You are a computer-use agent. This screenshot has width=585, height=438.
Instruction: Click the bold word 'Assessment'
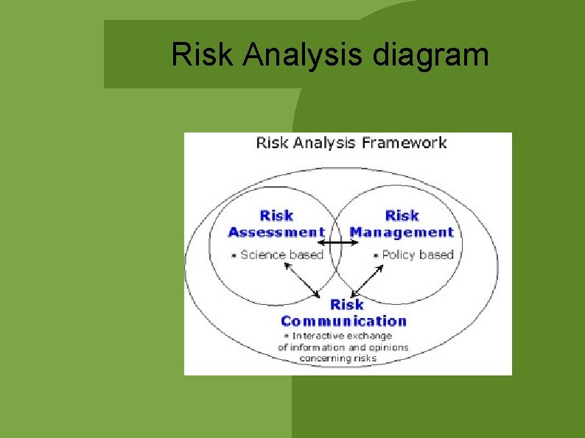coord(276,233)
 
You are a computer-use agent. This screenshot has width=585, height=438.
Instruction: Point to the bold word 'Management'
coord(402,233)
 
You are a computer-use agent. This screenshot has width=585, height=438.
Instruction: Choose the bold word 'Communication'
coord(343,321)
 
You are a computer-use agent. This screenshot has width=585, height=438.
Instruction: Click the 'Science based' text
coord(282,255)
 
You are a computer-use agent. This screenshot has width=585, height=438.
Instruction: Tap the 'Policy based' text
coord(417,255)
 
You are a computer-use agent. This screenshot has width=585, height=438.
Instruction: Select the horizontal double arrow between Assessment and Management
coord(337,242)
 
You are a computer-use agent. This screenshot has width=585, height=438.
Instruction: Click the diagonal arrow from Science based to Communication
coord(302,281)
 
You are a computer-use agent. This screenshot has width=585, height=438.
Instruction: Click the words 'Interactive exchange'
coord(343,336)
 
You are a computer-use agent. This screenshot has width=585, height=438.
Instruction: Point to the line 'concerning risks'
coord(337,358)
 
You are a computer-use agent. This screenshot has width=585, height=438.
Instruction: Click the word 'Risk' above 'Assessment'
coord(276,216)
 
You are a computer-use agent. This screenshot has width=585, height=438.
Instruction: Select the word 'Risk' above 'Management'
coord(402,216)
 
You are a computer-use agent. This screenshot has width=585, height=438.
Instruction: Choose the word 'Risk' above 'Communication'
coord(346,304)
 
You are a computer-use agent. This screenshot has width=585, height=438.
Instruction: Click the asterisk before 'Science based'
coord(234,255)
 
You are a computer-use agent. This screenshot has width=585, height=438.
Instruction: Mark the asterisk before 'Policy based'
coord(375,255)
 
